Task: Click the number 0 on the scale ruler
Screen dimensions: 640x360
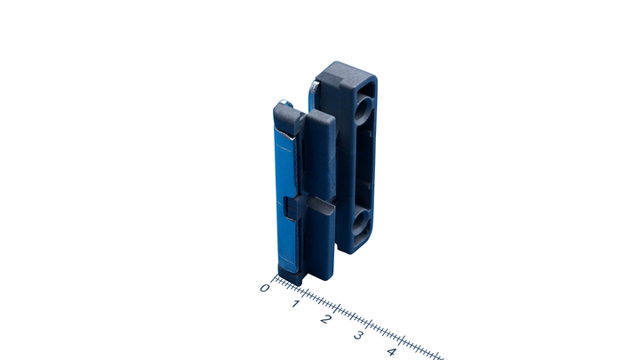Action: click(x=265, y=288)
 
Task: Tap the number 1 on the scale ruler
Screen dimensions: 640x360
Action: click(x=296, y=304)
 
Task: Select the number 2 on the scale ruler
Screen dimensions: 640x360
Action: click(x=325, y=319)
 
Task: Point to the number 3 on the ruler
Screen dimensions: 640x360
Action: click(x=358, y=335)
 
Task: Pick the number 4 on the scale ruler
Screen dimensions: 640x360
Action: click(x=391, y=351)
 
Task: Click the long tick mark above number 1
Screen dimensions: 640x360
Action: click(x=305, y=293)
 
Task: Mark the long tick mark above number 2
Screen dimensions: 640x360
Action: click(x=338, y=308)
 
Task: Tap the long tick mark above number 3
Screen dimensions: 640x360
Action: click(x=370, y=324)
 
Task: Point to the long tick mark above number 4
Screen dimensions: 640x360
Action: click(x=403, y=340)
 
